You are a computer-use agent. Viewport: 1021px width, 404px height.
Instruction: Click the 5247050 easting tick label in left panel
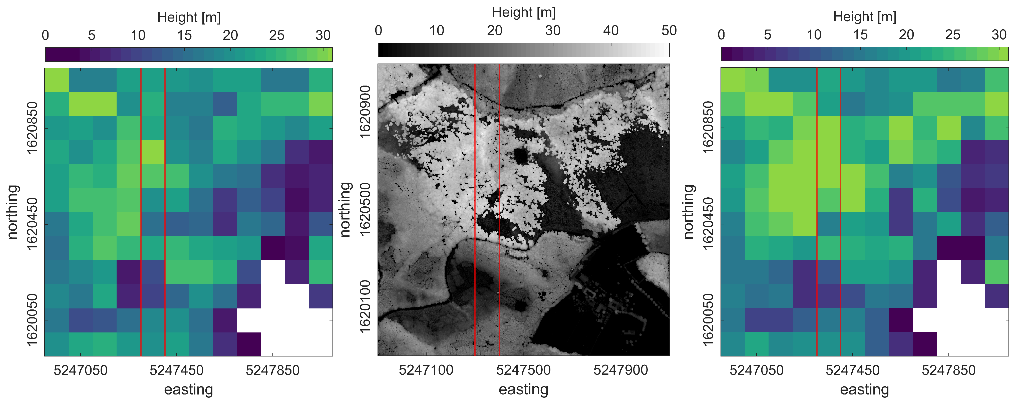point(81,370)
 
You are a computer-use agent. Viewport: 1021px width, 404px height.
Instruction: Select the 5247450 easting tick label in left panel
point(176,370)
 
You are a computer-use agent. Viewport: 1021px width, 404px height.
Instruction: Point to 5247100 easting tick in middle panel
point(426,370)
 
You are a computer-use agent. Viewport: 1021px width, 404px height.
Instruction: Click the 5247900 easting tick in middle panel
point(621,370)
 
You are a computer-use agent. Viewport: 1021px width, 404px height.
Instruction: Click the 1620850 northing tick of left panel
point(32,128)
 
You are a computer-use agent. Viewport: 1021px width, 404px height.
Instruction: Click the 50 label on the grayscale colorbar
point(669,31)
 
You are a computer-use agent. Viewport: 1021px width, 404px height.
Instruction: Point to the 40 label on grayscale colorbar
point(611,31)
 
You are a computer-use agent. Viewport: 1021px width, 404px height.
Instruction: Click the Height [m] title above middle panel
point(524,12)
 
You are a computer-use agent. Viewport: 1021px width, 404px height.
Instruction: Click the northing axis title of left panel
point(13,212)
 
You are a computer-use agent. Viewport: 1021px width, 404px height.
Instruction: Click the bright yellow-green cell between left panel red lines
point(153,152)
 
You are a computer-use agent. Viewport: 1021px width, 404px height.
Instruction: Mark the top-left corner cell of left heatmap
point(57,80)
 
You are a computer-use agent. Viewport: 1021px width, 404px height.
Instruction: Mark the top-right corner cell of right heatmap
point(996,80)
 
